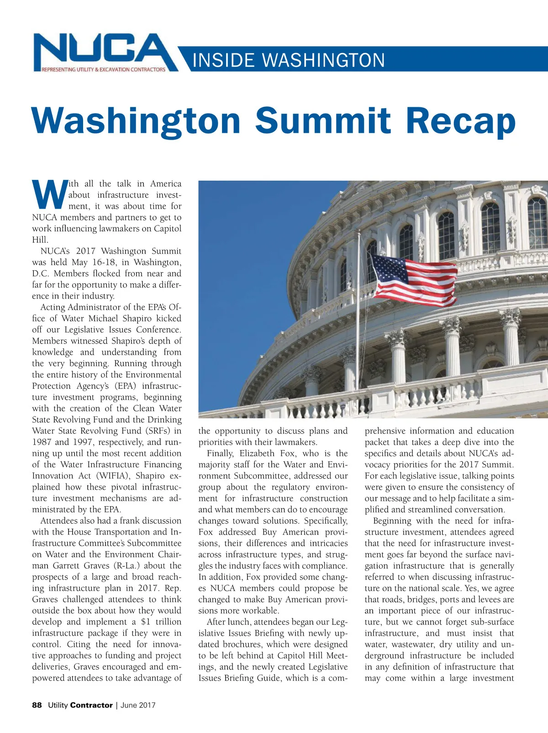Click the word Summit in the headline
coord(322,120)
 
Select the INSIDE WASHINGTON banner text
coord(289,60)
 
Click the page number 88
coord(37,705)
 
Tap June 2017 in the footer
coord(138,705)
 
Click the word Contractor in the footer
coord(91,705)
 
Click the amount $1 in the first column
coord(146,622)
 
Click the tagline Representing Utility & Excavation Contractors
coord(104,69)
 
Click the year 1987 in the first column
coord(42,442)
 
